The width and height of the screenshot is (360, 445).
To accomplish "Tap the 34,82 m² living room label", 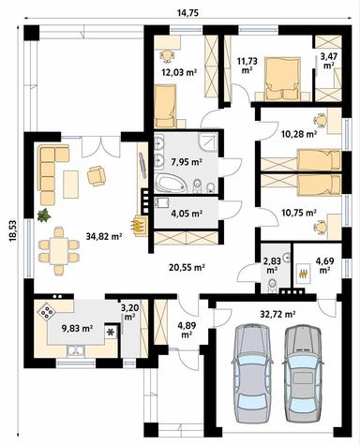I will coord(104,237).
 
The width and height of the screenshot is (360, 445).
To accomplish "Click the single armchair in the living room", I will coord(96,174).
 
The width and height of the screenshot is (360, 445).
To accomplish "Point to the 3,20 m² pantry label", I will coord(128,312).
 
